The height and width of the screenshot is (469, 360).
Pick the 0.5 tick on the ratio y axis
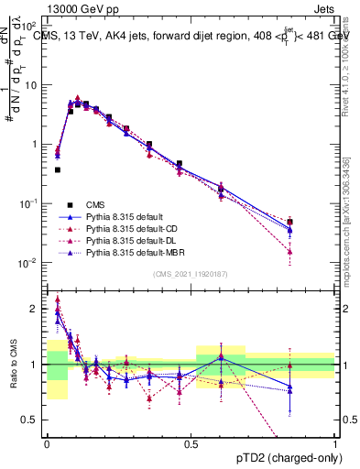31,420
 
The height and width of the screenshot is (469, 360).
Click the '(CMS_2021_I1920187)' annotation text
191,274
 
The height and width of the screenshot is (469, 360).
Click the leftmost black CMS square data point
58,169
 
